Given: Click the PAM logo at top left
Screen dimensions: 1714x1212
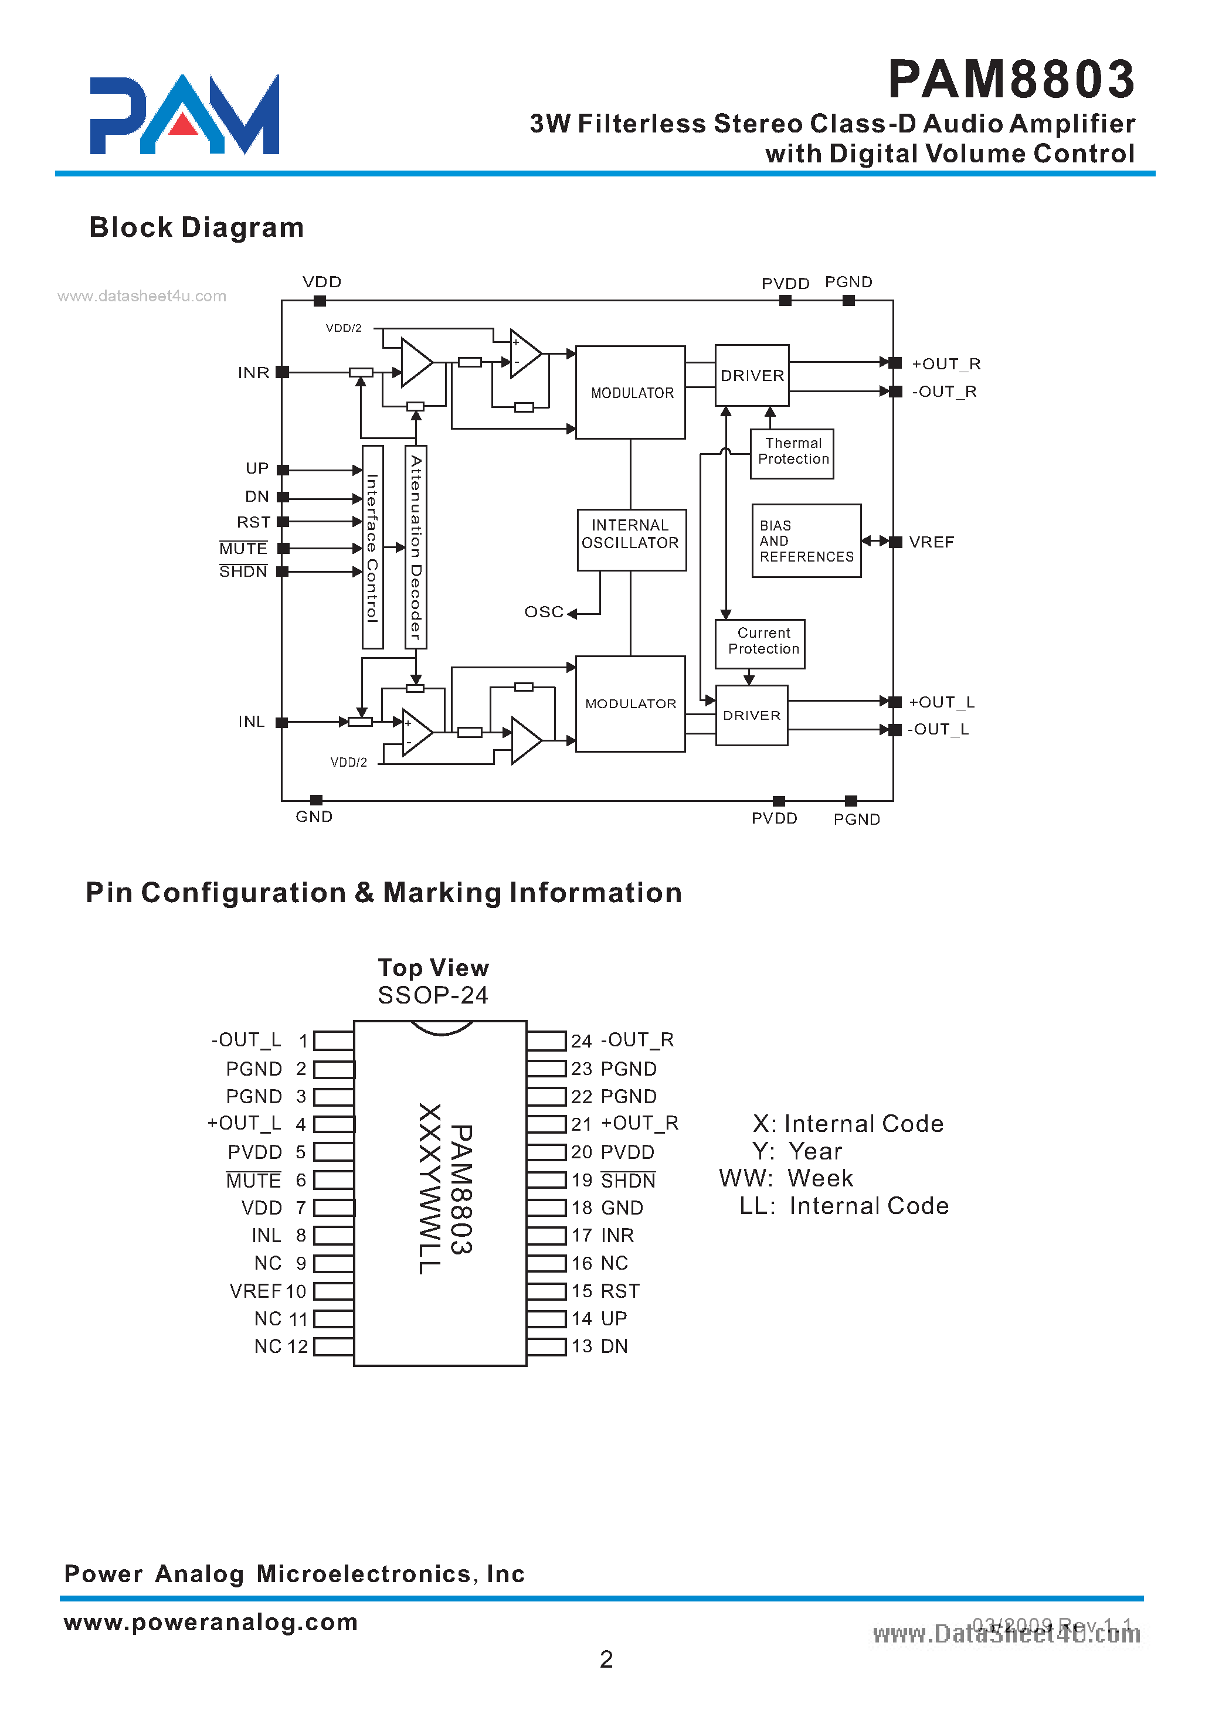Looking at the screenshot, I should pyautogui.click(x=185, y=115).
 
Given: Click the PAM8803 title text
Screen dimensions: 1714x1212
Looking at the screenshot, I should pyautogui.click(x=1011, y=79).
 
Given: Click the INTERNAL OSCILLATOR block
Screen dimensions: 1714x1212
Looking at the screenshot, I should pyautogui.click(x=631, y=535).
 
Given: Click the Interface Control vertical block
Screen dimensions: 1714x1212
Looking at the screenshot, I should pyautogui.click(x=372, y=547).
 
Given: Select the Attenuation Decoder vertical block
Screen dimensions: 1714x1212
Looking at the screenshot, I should pyautogui.click(x=416, y=547).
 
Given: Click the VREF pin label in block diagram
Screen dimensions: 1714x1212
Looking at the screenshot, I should pyautogui.click(x=931, y=543).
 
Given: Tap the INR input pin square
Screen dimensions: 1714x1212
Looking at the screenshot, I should pyautogui.click(x=282, y=372).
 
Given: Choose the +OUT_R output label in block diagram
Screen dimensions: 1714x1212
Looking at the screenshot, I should pyautogui.click(x=945, y=364).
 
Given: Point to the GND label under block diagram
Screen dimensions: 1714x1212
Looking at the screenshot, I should pyautogui.click(x=314, y=817).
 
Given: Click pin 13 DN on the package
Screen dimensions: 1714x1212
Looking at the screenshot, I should pyautogui.click(x=614, y=1346).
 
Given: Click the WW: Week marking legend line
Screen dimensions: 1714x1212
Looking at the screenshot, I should pyautogui.click(x=786, y=1179).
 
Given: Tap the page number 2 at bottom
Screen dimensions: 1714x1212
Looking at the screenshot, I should pyautogui.click(x=606, y=1659).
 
